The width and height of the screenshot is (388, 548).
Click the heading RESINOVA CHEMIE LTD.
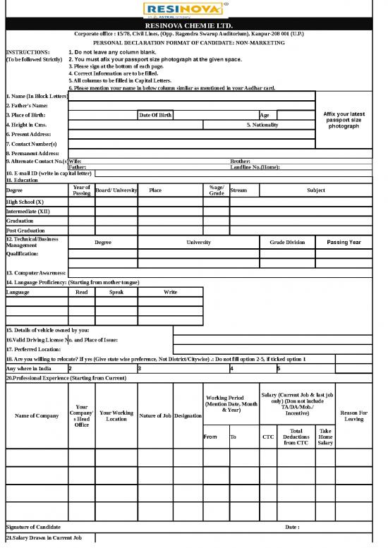[193, 25]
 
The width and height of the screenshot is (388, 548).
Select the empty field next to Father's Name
[190, 105]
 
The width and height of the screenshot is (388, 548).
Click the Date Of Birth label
[154, 115]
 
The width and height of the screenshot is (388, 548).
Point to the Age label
[264, 115]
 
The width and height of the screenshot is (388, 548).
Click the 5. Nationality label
[262, 125]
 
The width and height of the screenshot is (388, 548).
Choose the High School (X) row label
[25, 201]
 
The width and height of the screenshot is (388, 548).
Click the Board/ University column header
[116, 190]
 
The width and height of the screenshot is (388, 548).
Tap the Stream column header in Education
[238, 190]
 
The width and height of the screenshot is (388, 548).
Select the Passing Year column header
[344, 242]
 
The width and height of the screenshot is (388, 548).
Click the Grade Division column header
[287, 242]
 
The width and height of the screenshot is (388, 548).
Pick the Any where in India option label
[29, 368]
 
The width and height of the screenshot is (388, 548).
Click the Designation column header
[188, 415]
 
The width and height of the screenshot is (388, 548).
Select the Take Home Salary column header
[325, 437]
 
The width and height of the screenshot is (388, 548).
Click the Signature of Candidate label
[33, 527]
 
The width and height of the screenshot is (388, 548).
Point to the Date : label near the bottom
[292, 527]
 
